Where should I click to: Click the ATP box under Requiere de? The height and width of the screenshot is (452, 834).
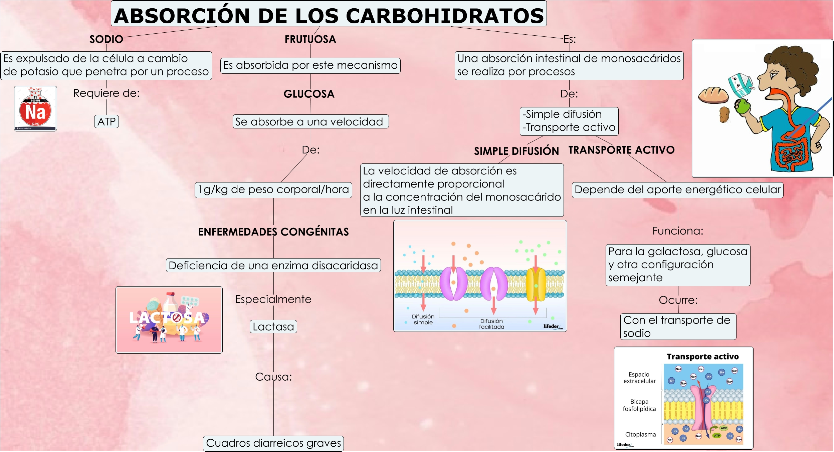point(107,122)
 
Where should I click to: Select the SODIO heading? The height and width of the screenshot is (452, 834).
point(106,39)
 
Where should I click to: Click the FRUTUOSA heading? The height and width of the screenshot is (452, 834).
point(310,39)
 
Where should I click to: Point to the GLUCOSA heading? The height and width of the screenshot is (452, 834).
point(309,94)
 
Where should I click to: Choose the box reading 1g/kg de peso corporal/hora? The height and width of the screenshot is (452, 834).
point(273,190)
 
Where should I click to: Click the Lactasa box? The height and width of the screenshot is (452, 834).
point(273,327)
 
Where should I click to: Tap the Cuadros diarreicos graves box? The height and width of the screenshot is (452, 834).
point(273,443)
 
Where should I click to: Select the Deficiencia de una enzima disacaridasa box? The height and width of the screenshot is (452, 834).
point(273,266)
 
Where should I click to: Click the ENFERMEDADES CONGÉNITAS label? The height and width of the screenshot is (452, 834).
point(273,232)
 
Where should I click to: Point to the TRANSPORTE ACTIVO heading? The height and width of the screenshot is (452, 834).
point(621,150)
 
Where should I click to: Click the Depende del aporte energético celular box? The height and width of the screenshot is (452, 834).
point(677,190)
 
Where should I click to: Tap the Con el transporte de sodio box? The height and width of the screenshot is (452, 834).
point(678,327)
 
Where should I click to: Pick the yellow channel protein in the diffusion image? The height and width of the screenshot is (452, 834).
point(536,284)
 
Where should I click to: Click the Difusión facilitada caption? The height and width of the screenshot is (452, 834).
point(491,324)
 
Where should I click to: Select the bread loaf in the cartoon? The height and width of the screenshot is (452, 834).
point(713,95)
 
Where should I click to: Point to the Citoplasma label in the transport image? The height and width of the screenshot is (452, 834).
point(640,434)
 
